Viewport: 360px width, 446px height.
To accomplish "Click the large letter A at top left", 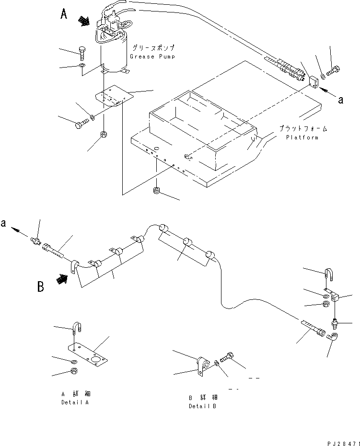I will point(64,15).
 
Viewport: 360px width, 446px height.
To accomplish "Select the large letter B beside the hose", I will point(42,287).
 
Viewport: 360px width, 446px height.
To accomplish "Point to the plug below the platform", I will point(156,192).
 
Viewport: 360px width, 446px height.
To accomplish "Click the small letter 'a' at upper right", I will point(341,100).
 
